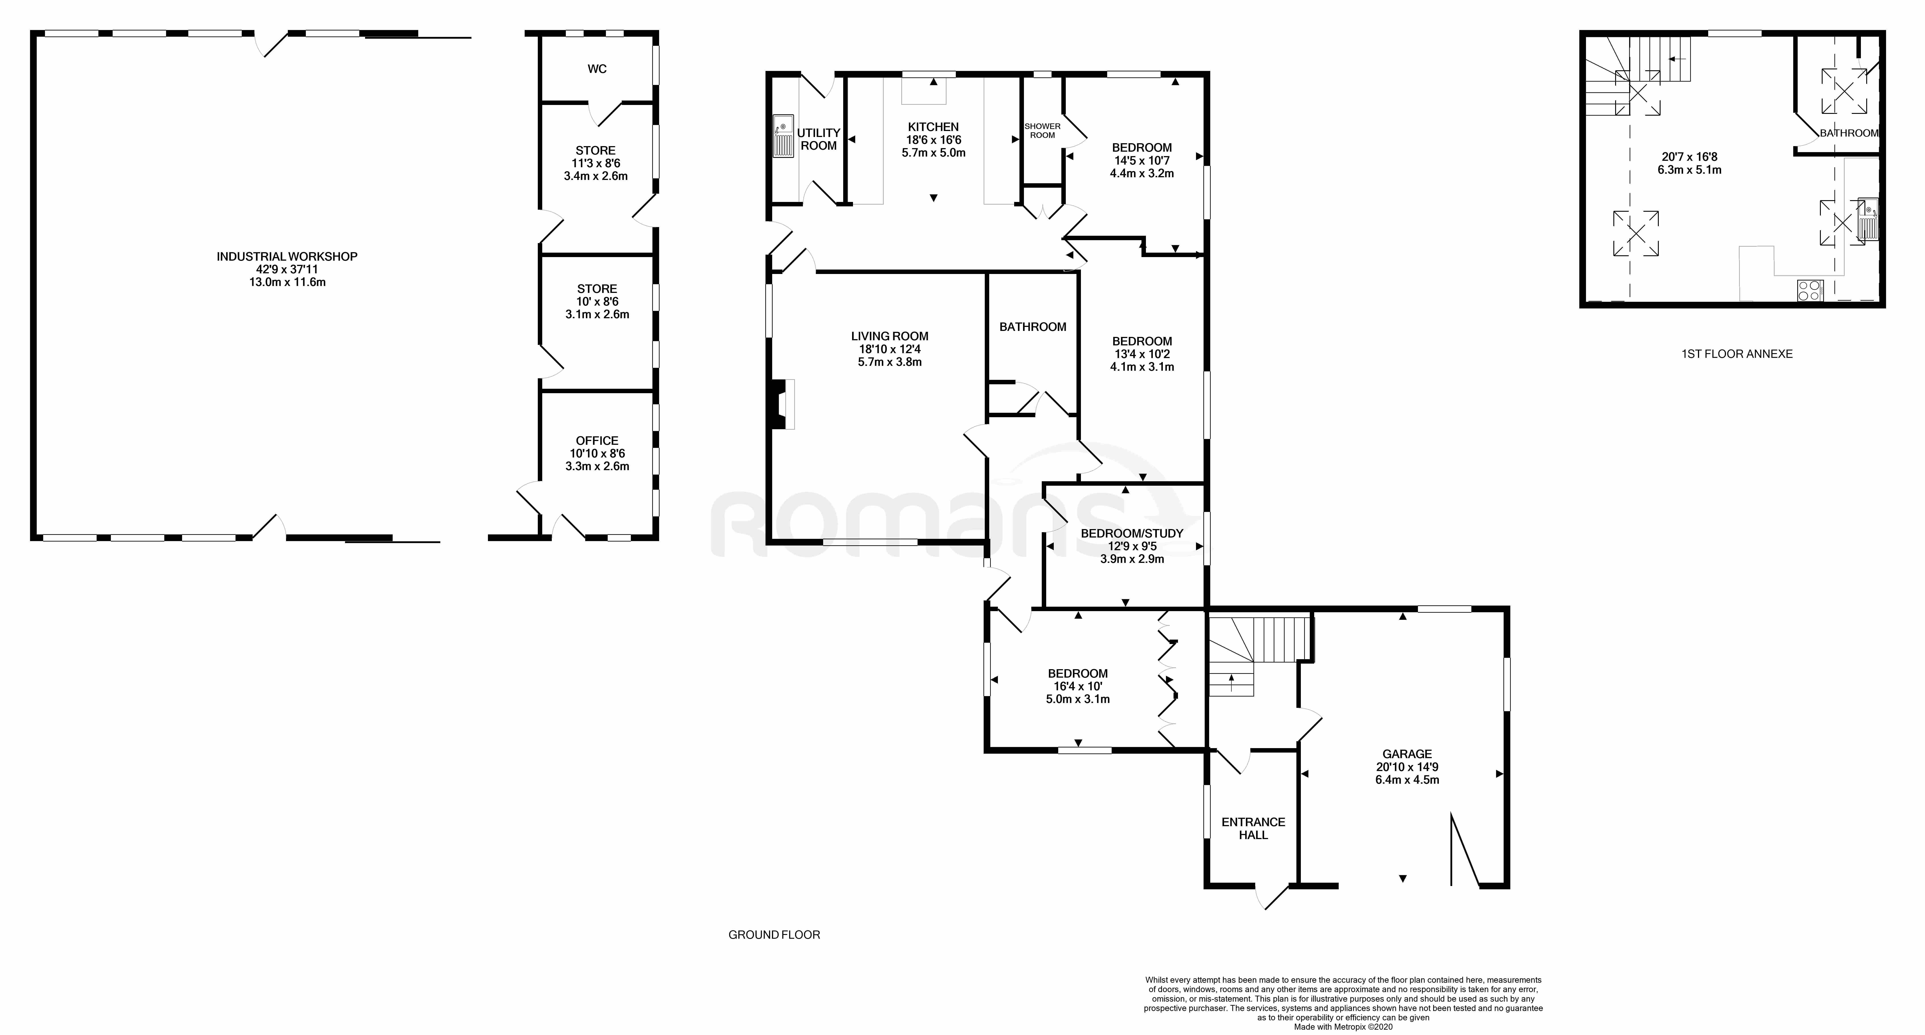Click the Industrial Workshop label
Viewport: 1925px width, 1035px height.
287,256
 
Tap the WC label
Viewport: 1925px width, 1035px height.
597,69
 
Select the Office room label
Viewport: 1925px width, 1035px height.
597,441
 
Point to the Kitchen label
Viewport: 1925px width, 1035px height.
933,127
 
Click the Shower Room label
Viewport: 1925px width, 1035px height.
1042,131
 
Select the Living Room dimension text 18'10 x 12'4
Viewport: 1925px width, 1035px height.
889,349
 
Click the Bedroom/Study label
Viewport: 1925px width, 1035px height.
1132,533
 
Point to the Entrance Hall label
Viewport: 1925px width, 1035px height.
1253,828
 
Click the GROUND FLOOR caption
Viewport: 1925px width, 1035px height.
774,935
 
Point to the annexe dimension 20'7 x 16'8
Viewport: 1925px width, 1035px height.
1689,157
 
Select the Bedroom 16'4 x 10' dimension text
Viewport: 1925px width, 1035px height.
1078,686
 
